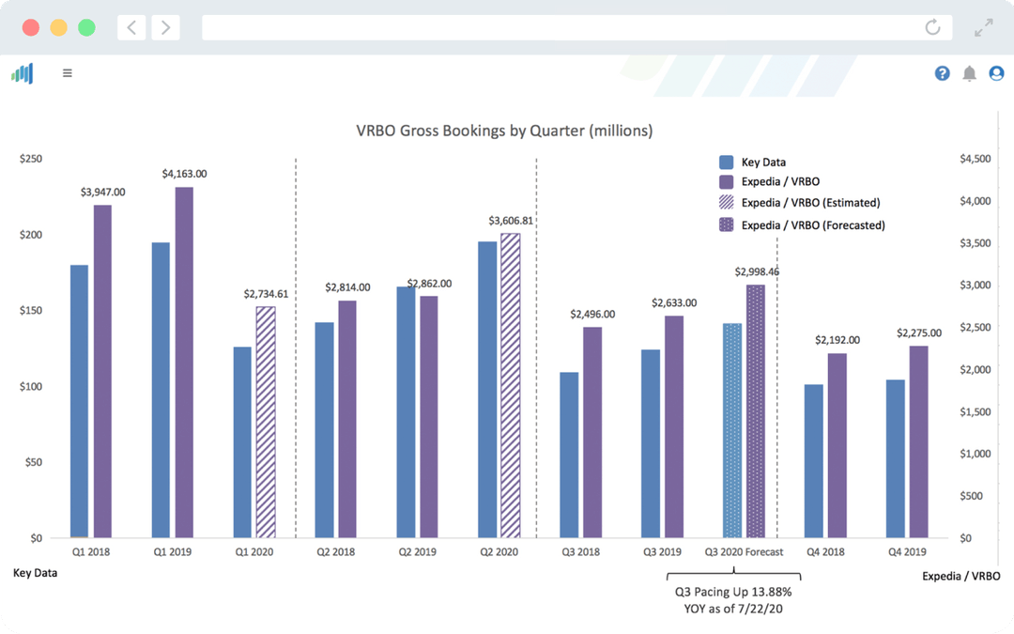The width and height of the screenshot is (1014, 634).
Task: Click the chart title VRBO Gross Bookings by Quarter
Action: tap(504, 131)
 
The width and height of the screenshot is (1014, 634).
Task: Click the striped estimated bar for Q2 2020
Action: tap(510, 385)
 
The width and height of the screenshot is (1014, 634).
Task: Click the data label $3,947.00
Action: tap(102, 192)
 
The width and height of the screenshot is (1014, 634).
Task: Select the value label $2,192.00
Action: tap(837, 340)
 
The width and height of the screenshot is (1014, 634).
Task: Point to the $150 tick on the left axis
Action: tap(31, 311)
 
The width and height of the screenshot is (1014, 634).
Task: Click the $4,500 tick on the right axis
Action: tap(975, 160)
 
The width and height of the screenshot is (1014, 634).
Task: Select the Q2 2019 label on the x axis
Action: tap(417, 552)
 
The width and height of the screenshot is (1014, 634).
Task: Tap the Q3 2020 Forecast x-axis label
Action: tap(745, 552)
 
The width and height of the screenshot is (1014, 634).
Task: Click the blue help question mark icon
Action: tap(942, 73)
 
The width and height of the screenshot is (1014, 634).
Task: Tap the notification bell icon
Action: tap(969, 73)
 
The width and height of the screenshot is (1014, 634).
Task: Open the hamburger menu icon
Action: tap(68, 72)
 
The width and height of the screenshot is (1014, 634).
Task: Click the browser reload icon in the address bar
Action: tap(932, 27)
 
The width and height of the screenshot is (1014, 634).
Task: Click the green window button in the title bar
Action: tap(86, 27)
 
